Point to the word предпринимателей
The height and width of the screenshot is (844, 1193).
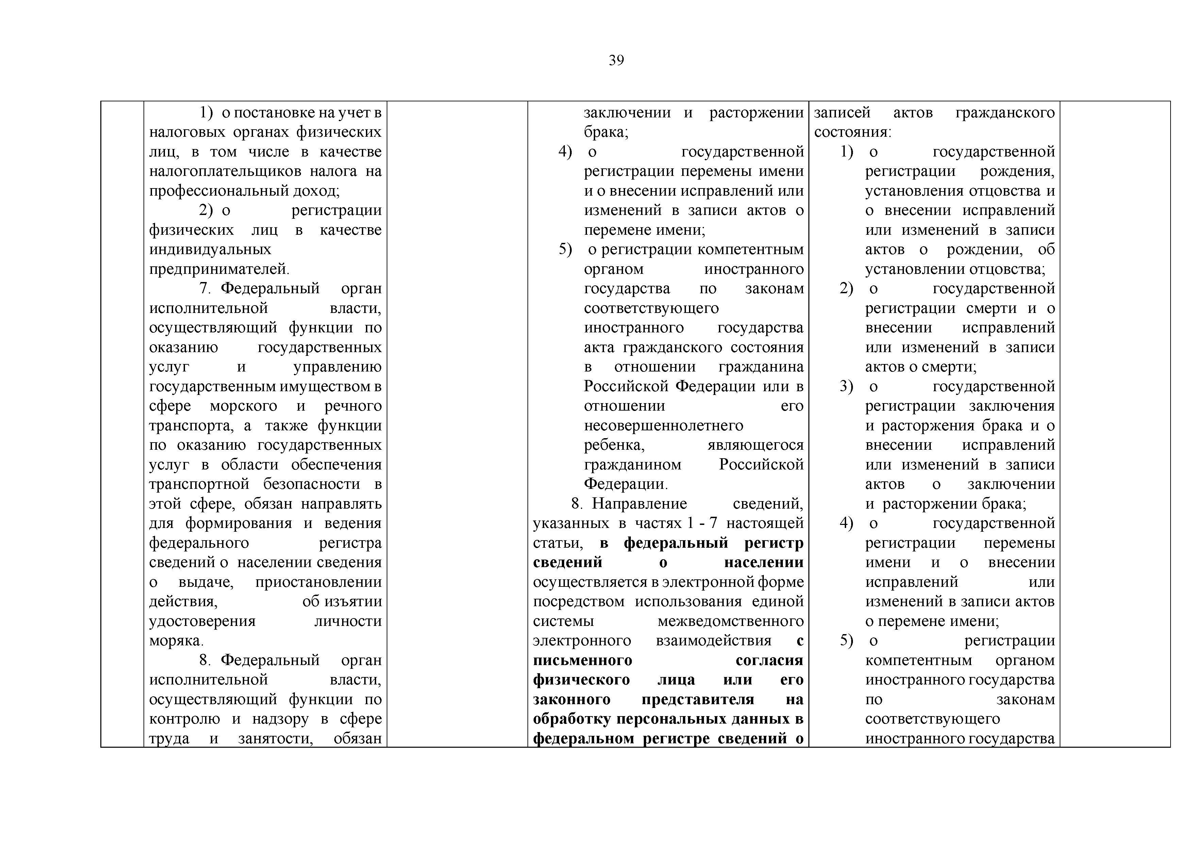coord(219,269)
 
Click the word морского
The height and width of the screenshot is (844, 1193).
coord(244,406)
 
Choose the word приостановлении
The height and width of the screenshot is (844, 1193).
coord(318,582)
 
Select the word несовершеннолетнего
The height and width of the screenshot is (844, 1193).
coord(663,426)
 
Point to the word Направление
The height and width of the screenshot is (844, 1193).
coord(639,503)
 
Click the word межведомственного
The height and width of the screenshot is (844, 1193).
coord(730,621)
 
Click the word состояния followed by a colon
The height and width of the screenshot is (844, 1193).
coord(852,132)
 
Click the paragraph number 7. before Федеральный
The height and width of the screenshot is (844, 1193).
coord(204,288)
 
